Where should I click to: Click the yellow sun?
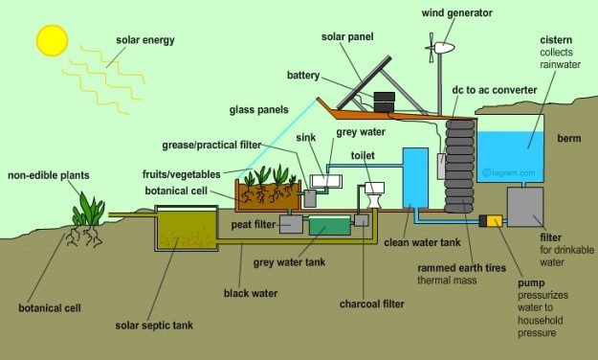click(x=53, y=39)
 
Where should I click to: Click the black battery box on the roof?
click(x=385, y=101)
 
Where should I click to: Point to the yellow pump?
click(x=494, y=221)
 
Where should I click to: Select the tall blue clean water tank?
click(x=415, y=178)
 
